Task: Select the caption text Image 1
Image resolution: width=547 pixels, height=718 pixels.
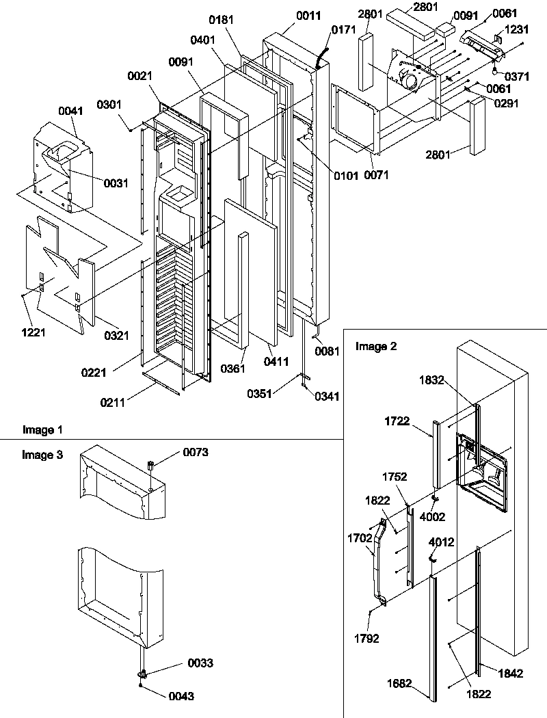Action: (x=42, y=430)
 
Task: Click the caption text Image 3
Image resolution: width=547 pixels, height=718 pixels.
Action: (x=42, y=455)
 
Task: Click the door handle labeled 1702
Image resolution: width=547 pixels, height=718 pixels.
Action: (x=378, y=561)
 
